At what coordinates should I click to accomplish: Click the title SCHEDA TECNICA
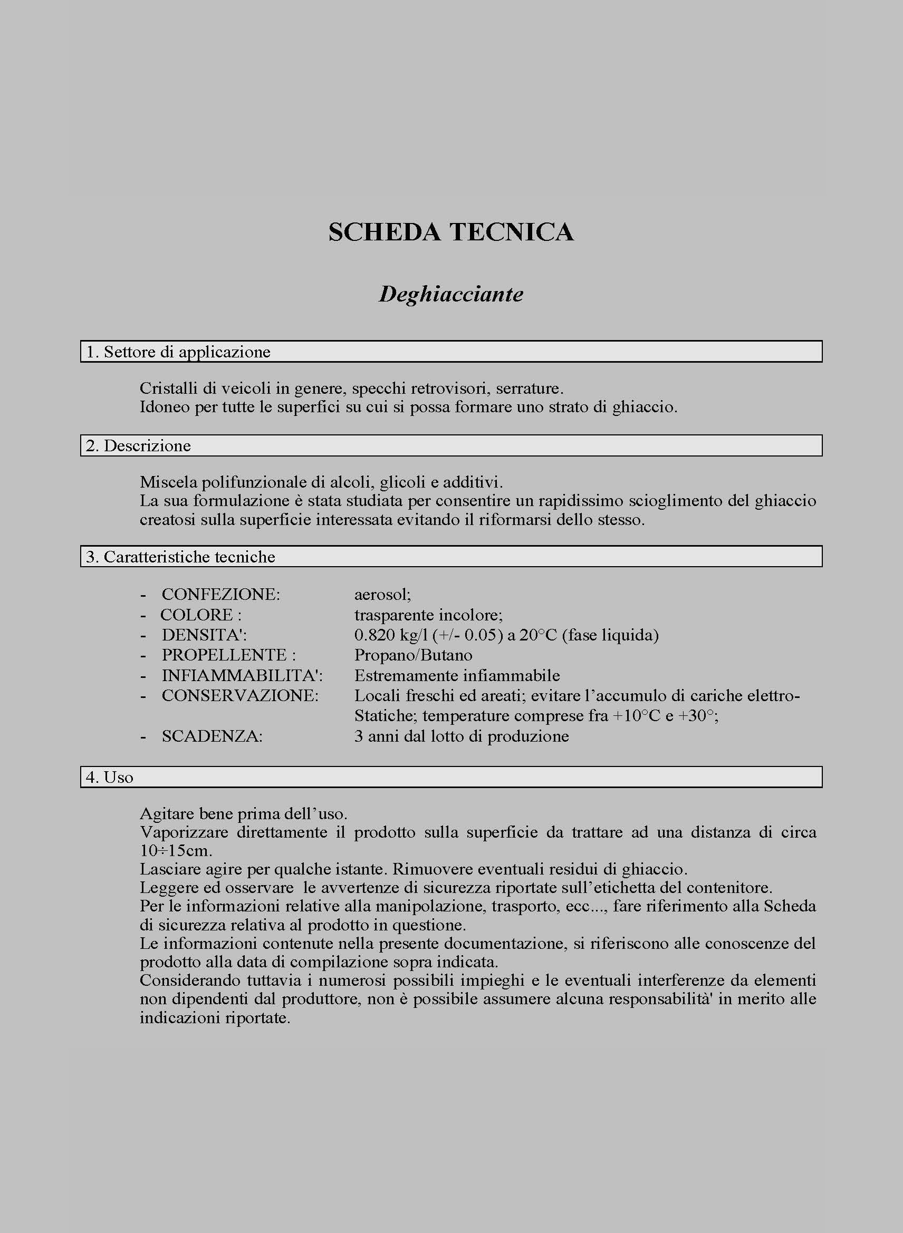point(451,232)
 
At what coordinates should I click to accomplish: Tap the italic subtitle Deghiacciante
point(451,295)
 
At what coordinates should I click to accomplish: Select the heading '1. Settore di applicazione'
point(178,352)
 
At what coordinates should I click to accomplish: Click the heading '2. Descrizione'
point(138,446)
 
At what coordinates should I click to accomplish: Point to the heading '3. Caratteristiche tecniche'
point(180,557)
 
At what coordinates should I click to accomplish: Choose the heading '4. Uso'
point(109,778)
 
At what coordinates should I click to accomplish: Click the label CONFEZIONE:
point(221,595)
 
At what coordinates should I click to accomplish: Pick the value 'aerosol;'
point(382,595)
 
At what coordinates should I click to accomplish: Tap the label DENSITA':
point(205,635)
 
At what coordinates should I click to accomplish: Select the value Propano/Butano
point(413,656)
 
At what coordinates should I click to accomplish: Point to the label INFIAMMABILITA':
point(242,676)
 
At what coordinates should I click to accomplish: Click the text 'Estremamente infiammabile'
point(457,676)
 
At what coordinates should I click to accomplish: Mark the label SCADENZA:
point(212,736)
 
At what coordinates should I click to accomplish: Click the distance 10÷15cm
point(176,851)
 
